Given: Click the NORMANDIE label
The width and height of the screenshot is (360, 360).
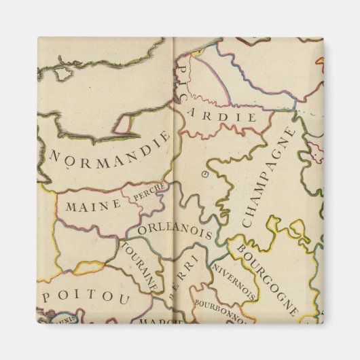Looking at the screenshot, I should point(110,151).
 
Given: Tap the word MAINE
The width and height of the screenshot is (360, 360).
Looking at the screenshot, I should point(88,204).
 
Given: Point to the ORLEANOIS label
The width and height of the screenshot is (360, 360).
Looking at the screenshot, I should point(175,231).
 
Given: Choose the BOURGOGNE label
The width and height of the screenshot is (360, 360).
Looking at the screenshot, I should point(266,276).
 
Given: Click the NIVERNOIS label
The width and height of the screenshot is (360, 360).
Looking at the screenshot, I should point(234,282).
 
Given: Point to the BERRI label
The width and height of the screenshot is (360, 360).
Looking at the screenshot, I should point(184,275).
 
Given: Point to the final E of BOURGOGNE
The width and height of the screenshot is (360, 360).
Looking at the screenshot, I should point(293,312).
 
